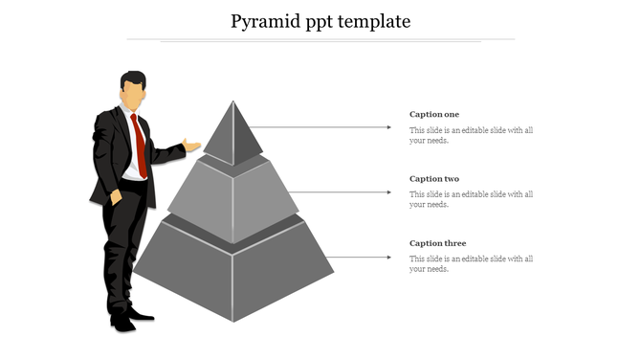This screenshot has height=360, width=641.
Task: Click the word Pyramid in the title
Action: (265, 21)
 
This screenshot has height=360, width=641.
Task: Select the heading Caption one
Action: (434, 115)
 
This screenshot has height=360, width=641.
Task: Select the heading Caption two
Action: (434, 179)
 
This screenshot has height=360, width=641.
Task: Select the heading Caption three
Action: (437, 243)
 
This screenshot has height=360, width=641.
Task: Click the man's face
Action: (133, 95)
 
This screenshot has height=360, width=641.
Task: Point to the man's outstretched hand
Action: (192, 146)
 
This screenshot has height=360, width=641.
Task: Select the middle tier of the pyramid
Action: (233, 196)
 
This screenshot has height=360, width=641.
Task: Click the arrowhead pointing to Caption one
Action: (388, 126)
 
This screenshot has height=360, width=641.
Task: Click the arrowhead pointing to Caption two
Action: (388, 191)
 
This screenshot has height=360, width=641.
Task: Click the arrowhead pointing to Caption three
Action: (388, 257)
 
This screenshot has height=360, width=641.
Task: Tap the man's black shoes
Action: (128, 320)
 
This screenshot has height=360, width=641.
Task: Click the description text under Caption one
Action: (471, 135)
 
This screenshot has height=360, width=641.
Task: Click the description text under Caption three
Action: (471, 263)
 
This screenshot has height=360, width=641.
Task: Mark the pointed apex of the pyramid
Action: (232, 101)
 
